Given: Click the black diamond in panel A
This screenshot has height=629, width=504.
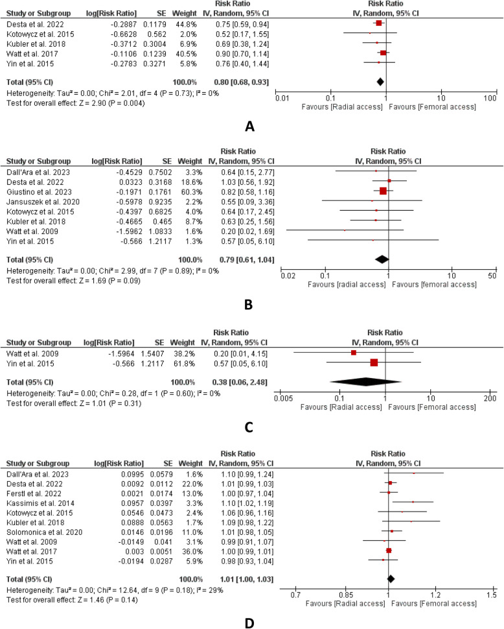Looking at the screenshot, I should [380, 82].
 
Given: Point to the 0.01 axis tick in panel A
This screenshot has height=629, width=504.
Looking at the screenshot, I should [281, 97].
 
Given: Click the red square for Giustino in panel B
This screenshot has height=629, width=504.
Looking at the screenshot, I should [383, 191].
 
